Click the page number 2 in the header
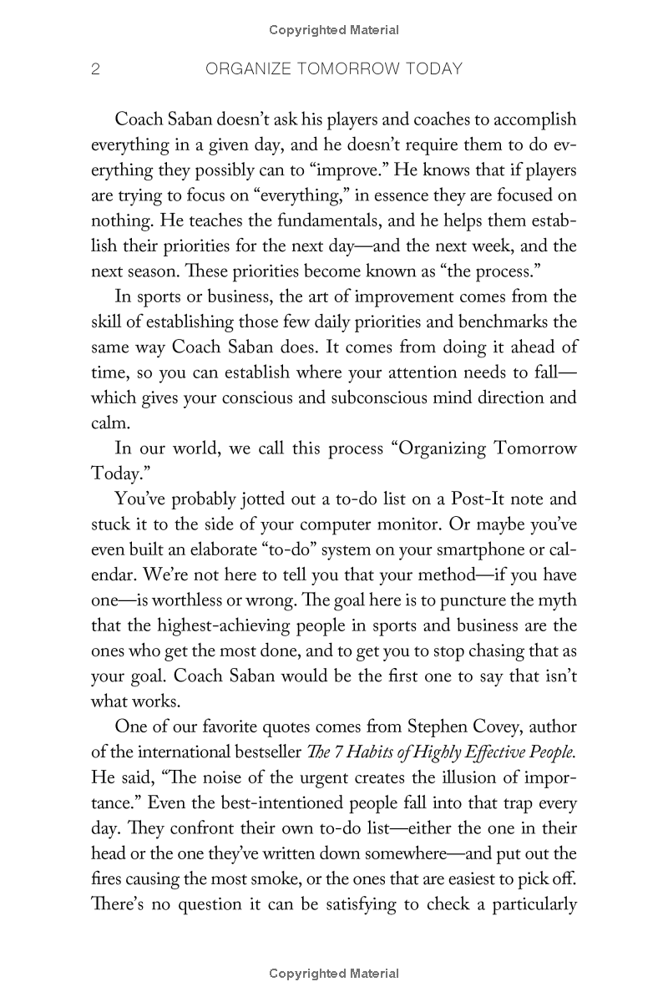96,70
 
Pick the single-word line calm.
107,423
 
